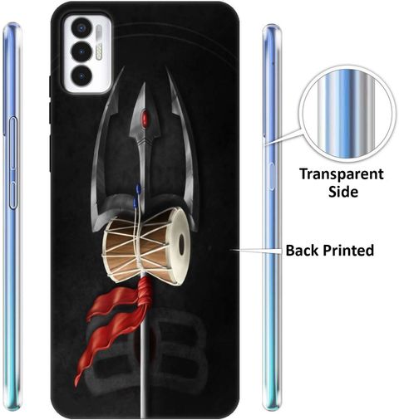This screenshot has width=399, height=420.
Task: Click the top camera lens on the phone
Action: (81, 28)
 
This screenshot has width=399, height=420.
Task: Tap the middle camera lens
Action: (81, 51)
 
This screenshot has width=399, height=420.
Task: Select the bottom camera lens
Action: (81, 75)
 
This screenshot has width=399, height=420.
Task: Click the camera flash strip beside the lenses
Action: (99, 43)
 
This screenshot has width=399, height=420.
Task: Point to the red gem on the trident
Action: (145, 118)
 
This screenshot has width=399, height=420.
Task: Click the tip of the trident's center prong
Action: (144, 83)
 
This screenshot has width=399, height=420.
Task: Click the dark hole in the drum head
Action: (181, 244)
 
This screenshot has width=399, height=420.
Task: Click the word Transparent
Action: (342, 175)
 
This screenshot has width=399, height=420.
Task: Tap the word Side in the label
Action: (343, 192)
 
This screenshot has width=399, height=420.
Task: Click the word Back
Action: (303, 251)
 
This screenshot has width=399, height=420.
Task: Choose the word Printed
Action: (348, 251)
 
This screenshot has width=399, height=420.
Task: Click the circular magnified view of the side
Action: (347, 117)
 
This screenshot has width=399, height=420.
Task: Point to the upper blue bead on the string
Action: (138, 188)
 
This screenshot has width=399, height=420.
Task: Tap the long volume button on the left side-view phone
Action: (13, 143)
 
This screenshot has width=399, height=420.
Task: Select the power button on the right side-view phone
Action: (271, 177)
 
